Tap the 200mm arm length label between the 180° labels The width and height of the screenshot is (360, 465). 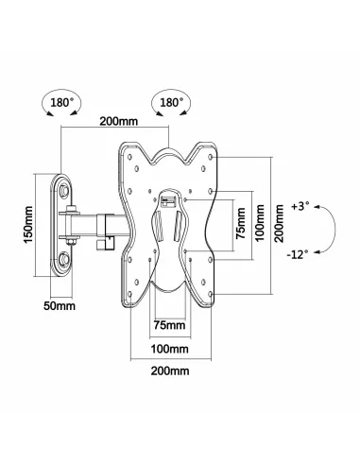point(113,121)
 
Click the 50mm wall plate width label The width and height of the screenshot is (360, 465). point(60,305)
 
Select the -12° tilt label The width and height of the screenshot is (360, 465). point(300,252)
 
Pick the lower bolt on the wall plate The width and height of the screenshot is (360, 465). point(66,258)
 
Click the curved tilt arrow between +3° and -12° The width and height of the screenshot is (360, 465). point(331,228)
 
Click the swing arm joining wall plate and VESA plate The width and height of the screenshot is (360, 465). point(99,225)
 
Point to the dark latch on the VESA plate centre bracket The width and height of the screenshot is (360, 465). point(171,201)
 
